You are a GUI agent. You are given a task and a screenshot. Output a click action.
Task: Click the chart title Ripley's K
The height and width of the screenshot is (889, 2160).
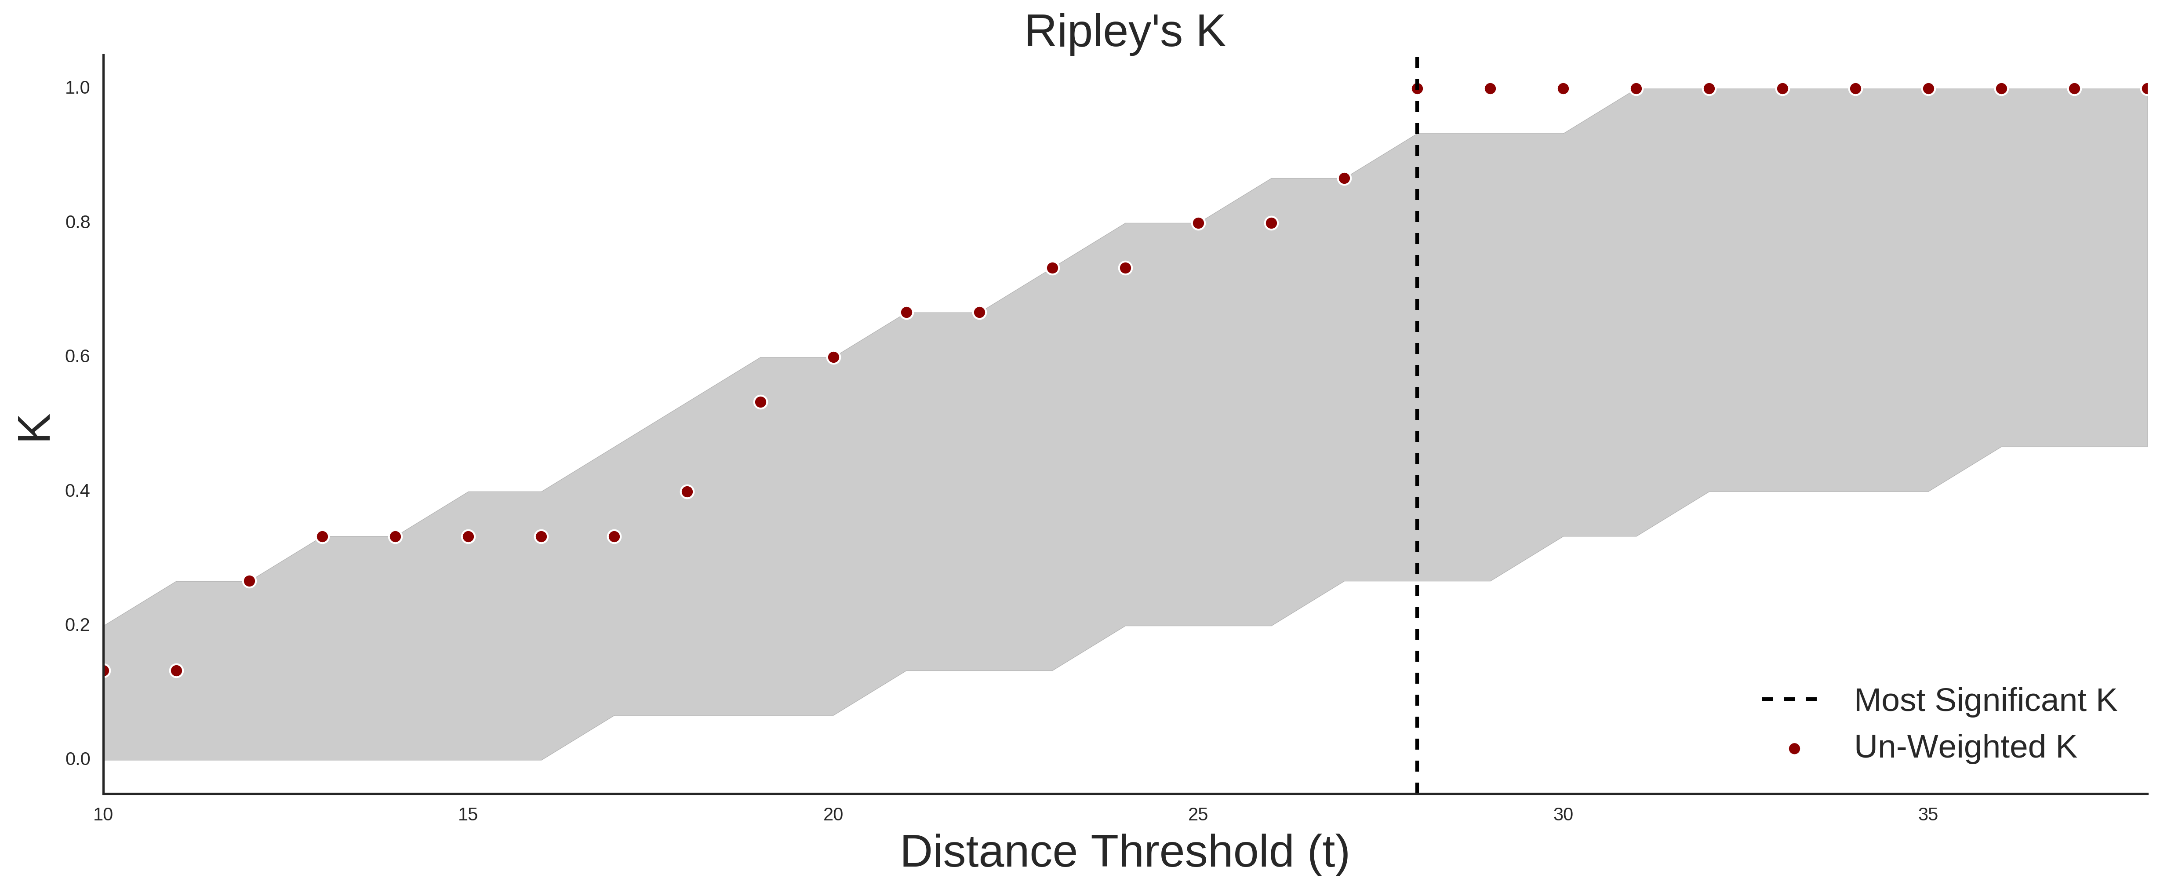(x=1124, y=32)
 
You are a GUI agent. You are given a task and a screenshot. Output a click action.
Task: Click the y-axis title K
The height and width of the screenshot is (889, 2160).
(x=34, y=428)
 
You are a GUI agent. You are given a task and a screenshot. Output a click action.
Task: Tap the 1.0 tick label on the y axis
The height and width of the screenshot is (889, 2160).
(x=77, y=88)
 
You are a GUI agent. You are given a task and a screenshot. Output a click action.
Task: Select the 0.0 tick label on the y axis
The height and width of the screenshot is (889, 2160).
(x=77, y=759)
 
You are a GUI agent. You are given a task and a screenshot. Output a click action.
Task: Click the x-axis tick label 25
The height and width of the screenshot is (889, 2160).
(x=1198, y=814)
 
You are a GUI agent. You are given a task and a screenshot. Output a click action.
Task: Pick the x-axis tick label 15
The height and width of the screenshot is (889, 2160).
(x=468, y=814)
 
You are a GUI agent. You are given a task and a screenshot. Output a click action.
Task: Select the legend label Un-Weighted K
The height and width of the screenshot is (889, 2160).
(x=1965, y=747)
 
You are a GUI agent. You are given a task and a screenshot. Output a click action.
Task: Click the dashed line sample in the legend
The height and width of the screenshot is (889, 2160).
(x=1789, y=699)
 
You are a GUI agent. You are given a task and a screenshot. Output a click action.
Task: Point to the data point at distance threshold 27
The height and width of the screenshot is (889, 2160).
(x=1344, y=178)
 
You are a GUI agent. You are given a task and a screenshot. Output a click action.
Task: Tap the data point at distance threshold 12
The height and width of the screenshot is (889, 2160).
(x=249, y=581)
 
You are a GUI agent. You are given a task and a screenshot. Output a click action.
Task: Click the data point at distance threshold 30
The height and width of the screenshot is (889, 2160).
(x=1563, y=88)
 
